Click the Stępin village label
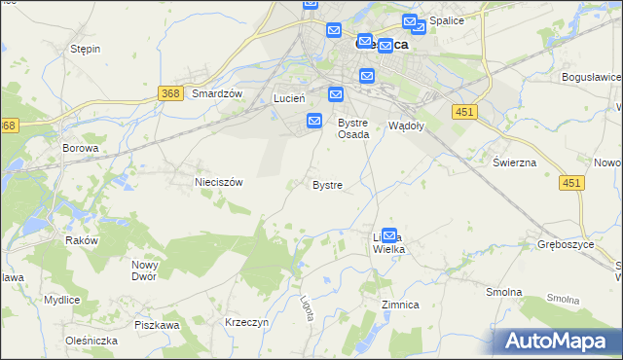pos(86,49)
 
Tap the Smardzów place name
pos(216,93)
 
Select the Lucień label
pos(290,98)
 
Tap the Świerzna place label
pos(514,162)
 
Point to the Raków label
pos(82,240)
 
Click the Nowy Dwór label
pos(145,271)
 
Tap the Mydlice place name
pos(61,300)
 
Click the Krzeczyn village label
pos(246,321)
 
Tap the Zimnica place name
pos(400,305)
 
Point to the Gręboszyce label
pos(566,244)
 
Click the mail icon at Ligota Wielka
pos(389,235)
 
